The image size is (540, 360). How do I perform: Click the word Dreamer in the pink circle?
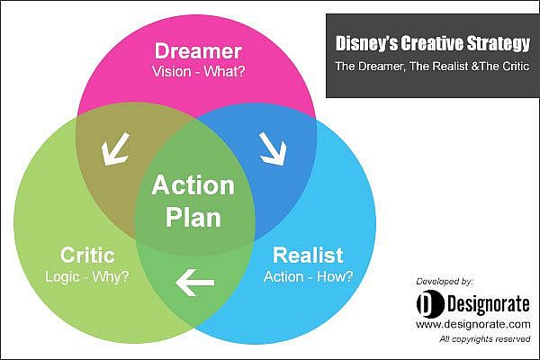tap(198, 51)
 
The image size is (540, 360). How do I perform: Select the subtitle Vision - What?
tap(198, 72)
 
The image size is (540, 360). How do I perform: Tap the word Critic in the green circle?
tap(87, 256)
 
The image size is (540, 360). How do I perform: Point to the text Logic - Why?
tap(87, 276)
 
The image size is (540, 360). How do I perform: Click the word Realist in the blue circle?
tap(308, 256)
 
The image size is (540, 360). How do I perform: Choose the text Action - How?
tap(308, 276)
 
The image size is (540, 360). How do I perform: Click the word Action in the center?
tap(193, 185)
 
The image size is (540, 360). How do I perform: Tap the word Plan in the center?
tap(193, 217)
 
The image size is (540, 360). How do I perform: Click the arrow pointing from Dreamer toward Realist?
tap(274, 148)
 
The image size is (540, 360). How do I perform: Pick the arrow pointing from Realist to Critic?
tap(195, 283)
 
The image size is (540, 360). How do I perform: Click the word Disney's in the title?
tap(366, 43)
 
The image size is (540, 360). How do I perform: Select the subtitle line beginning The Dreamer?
tap(432, 66)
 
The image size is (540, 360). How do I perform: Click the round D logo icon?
tap(430, 303)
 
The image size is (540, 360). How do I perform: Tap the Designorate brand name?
tap(489, 304)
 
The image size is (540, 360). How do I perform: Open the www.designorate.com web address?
tap(473, 325)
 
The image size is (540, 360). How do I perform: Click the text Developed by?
tap(445, 282)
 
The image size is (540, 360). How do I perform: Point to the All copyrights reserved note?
tap(484, 339)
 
